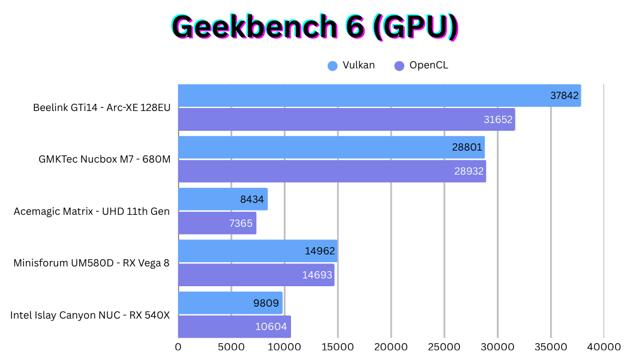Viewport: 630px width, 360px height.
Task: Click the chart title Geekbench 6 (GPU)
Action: coord(315,27)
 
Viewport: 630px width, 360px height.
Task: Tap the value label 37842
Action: coord(565,95)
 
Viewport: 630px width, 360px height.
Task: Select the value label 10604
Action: coord(272,328)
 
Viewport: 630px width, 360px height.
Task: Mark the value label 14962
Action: coord(319,251)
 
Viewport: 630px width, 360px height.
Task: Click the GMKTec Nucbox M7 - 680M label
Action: coord(104,160)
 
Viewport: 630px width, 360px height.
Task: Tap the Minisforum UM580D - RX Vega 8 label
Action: coord(92,263)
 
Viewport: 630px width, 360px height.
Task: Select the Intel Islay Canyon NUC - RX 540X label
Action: coord(90,315)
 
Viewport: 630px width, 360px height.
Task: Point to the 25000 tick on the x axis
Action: coord(444,347)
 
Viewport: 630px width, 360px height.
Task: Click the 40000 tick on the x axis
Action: coord(604,347)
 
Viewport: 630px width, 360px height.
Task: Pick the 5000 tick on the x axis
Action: coord(232,347)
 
